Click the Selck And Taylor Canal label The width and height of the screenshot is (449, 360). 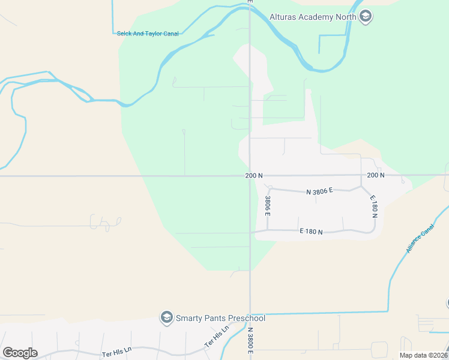(x=148, y=34)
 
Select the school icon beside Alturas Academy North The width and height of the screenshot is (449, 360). (x=365, y=17)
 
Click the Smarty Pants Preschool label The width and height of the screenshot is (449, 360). (x=220, y=318)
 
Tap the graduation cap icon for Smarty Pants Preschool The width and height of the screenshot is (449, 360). (x=166, y=318)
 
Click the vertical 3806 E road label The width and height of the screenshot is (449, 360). (x=268, y=206)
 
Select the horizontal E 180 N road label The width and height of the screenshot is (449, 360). (x=312, y=232)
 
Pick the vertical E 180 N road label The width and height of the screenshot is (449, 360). (x=373, y=206)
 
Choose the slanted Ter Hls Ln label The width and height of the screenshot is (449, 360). (x=217, y=337)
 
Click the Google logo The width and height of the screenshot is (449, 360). (x=20, y=353)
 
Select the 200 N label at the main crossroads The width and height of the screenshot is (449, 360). (x=254, y=176)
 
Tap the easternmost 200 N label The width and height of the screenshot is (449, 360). (x=375, y=175)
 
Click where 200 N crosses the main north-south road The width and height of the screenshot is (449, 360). (x=250, y=176)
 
